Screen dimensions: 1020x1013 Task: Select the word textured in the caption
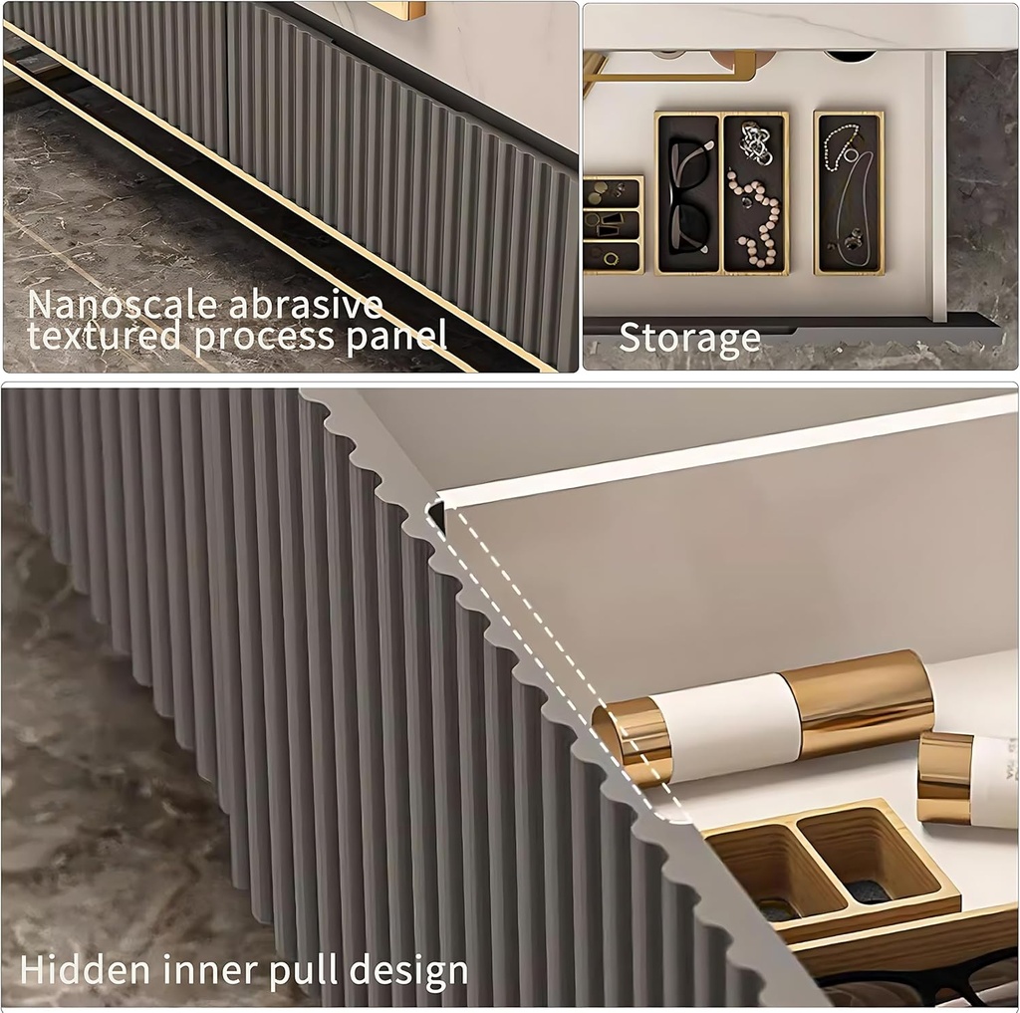point(104,336)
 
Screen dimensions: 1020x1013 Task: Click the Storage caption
point(689,338)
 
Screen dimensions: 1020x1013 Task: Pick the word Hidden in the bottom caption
point(86,970)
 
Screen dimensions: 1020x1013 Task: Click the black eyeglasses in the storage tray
point(688,194)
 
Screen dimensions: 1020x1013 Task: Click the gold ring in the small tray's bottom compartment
point(612,259)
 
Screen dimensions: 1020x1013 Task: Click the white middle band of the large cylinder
point(726,721)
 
